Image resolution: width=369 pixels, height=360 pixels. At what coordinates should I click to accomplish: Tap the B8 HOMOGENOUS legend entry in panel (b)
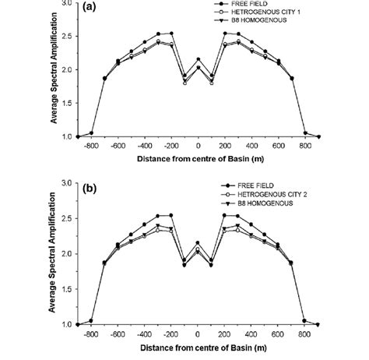point(252,203)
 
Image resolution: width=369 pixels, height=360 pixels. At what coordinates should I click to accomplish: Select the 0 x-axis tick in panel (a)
point(199,146)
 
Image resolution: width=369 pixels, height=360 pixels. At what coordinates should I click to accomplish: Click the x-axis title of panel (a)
point(199,158)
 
